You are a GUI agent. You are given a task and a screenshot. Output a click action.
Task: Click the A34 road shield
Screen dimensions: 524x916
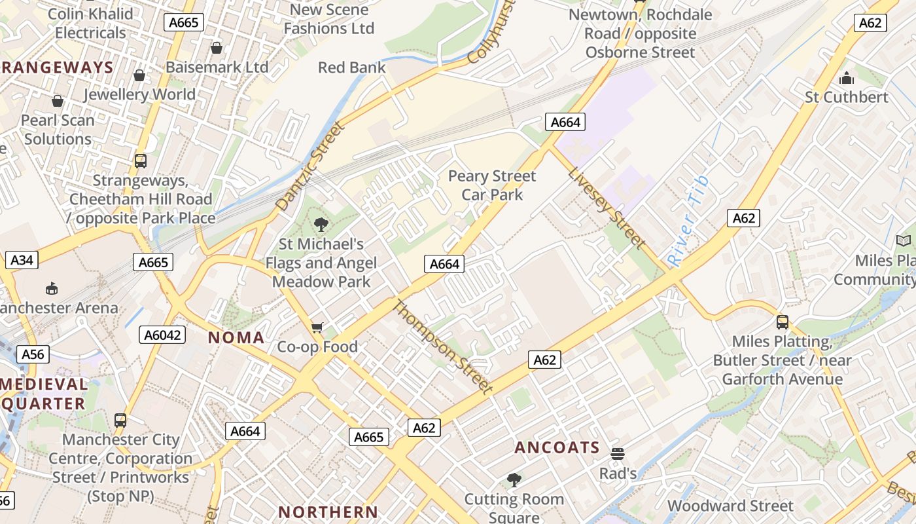[22, 260]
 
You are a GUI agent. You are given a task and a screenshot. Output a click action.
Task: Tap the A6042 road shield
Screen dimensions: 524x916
[162, 335]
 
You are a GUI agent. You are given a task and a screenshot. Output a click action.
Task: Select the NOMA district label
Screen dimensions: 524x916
[236, 338]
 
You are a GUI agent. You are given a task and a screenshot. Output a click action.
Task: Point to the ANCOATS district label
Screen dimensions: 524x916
[557, 447]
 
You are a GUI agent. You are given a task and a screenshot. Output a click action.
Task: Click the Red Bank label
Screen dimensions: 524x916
[351, 67]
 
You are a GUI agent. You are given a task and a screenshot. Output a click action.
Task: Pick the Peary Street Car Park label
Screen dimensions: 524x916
[492, 185]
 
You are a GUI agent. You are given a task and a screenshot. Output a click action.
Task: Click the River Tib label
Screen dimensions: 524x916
[688, 220]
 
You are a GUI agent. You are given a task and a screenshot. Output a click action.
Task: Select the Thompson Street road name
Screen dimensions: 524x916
[442, 347]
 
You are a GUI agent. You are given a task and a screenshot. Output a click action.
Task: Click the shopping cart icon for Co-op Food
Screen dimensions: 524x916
[317, 327]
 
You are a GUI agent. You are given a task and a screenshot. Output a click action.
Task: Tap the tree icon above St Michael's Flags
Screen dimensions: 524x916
[321, 225]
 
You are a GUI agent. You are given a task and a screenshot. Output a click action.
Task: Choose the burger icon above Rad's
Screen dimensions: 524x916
[617, 453]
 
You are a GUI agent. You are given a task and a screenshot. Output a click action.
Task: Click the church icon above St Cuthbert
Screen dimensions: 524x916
[847, 78]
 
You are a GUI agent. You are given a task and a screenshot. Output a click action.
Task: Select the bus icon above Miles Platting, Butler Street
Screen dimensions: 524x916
[782, 322]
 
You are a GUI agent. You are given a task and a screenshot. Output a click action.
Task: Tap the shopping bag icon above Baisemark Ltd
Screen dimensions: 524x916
[217, 48]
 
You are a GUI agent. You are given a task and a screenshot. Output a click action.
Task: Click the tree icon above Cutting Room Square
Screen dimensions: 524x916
[514, 479]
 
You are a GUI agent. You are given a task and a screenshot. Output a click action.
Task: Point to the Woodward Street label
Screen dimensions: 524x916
[730, 506]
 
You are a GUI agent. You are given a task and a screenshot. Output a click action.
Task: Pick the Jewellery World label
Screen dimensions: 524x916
[139, 94]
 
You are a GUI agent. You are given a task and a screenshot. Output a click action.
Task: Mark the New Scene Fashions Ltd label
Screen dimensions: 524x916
[329, 19]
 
